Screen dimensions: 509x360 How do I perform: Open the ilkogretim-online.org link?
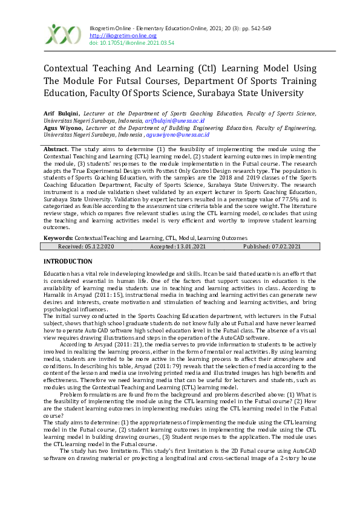(x=114, y=36)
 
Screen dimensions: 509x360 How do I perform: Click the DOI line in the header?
(x=123, y=43)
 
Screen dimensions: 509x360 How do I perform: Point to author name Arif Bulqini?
(x=61, y=113)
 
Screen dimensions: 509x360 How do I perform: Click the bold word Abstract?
(x=56, y=149)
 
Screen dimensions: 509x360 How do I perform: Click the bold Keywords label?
(x=59, y=238)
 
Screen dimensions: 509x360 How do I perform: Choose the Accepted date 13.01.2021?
(x=184, y=247)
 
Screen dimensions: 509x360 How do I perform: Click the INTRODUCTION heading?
(x=68, y=261)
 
